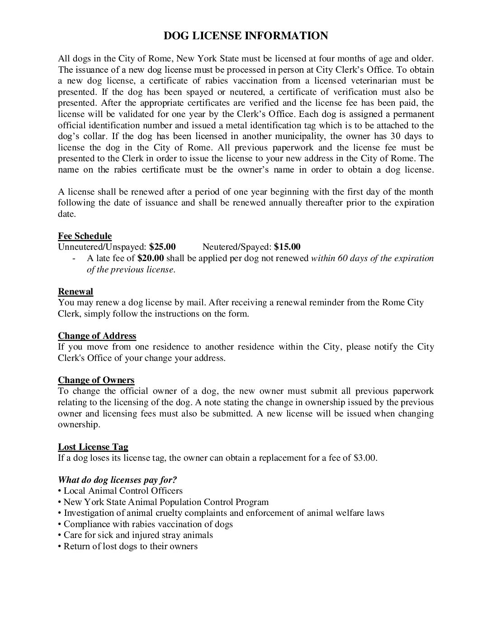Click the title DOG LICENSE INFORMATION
tap(246, 36)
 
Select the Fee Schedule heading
tap(85, 236)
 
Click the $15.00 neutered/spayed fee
tap(287, 247)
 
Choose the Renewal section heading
tap(76, 291)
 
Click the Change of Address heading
tap(97, 336)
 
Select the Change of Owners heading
tap(96, 380)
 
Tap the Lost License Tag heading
tap(93, 447)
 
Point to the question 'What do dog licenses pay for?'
tap(118, 480)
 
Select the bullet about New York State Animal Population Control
tap(166, 502)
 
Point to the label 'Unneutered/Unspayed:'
tap(102, 247)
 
